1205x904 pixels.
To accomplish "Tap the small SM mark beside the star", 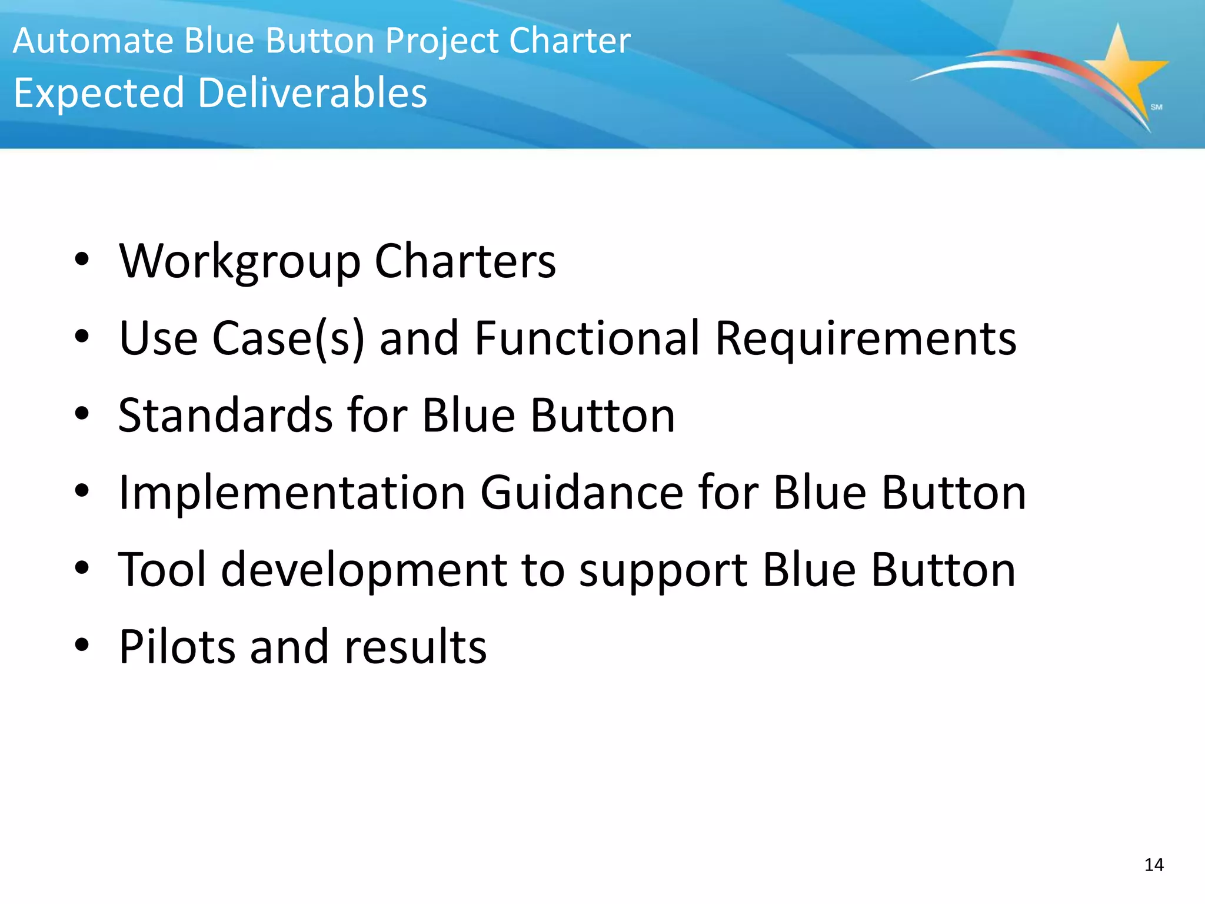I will click(x=1156, y=107).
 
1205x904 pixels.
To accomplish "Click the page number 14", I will click(x=1154, y=865).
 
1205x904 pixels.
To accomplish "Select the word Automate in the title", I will click(x=94, y=41).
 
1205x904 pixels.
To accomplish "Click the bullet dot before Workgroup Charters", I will click(x=82, y=260).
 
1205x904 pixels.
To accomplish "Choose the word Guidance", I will click(x=581, y=492).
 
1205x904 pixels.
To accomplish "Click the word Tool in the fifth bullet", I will click(x=162, y=570).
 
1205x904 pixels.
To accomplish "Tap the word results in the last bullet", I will click(x=415, y=647).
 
